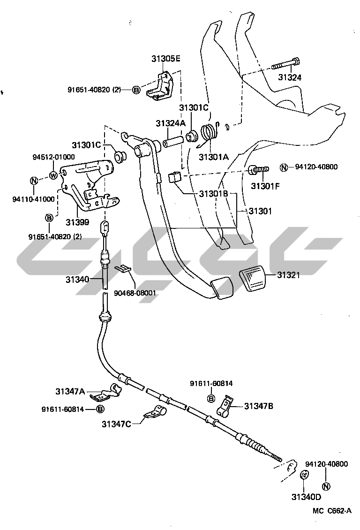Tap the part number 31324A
[171, 123]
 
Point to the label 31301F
[265, 186]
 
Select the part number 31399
[77, 221]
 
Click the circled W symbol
[53, 176]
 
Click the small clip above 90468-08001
[123, 269]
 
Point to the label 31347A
[70, 391]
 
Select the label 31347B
[258, 406]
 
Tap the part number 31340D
[306, 497]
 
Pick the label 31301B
[213, 193]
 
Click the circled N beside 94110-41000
[34, 181]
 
